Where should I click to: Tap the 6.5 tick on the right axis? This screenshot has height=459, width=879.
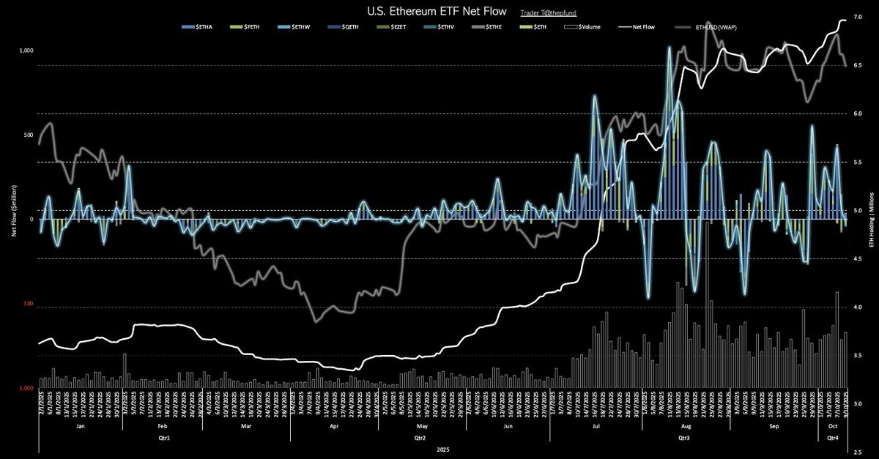point(858,66)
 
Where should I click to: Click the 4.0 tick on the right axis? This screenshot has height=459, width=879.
point(858,307)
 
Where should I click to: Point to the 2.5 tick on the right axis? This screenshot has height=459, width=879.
point(858,452)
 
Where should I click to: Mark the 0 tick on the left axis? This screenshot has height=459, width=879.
point(31,220)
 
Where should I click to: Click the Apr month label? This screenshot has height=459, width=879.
point(334,425)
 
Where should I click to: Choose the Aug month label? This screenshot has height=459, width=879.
point(686,425)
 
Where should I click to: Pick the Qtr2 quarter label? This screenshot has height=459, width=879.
point(420,439)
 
